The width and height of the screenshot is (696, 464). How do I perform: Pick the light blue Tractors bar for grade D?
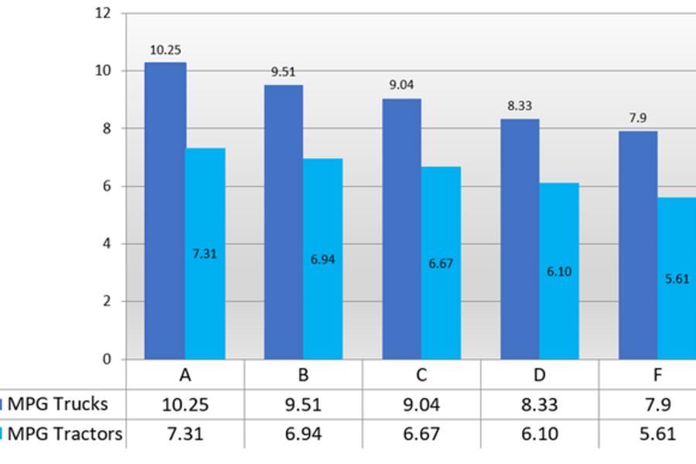coord(558,309)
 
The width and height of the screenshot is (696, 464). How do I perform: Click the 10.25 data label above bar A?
coord(165,50)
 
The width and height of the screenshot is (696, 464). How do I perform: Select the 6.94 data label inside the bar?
coord(322,260)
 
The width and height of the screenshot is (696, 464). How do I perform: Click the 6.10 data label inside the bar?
coord(559,272)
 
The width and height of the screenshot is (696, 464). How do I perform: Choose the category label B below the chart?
coord(303,377)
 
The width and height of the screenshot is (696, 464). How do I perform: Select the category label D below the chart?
coord(540,377)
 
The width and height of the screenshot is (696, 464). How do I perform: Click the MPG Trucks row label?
coord(57,404)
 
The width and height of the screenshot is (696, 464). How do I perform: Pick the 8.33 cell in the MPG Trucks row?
coord(540,404)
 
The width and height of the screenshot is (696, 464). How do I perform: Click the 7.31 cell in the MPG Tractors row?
coord(186,434)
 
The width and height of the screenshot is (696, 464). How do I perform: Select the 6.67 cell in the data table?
coord(421,434)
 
